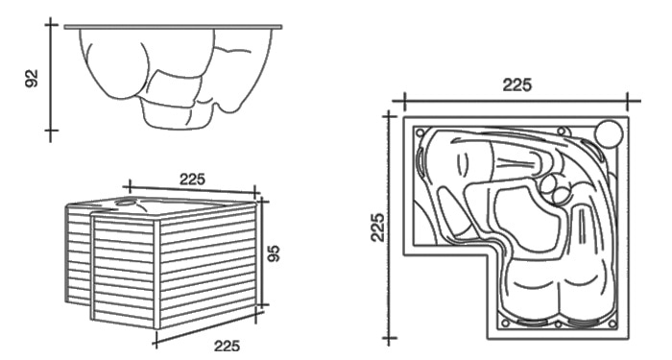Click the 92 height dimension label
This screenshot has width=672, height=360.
(32, 79)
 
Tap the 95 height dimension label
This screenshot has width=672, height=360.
(273, 253)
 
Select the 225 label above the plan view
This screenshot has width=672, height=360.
(516, 84)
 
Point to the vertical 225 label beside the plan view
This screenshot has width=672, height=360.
(377, 228)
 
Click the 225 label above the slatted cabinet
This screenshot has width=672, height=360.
(192, 180)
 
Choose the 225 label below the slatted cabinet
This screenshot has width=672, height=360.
(228, 346)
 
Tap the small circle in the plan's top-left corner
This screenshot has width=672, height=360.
(420, 132)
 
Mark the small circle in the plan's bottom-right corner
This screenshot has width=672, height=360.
(612, 324)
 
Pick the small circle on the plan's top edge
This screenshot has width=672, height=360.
(562, 132)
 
